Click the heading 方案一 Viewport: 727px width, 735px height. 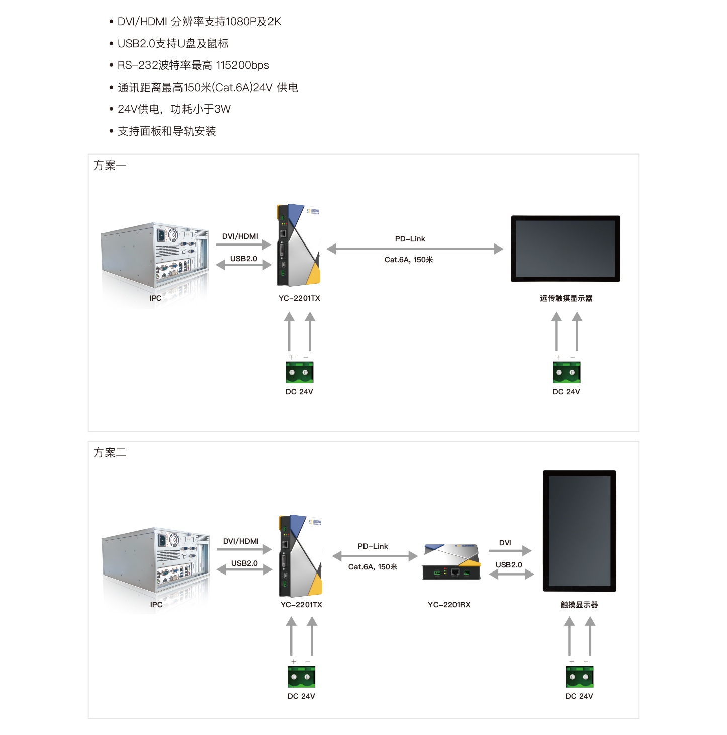pyautogui.click(x=110, y=166)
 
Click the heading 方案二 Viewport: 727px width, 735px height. pyautogui.click(x=110, y=453)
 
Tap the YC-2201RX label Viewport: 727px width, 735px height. pyautogui.click(x=449, y=605)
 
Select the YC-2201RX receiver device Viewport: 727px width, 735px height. pyautogui.click(x=451, y=562)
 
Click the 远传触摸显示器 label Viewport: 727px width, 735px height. pyautogui.click(x=566, y=298)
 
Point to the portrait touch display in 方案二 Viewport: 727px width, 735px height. pyautogui.click(x=579, y=531)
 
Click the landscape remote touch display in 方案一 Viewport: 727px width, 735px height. pyautogui.click(x=566, y=249)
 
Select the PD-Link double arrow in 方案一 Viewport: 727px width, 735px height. pyautogui.click(x=415, y=249)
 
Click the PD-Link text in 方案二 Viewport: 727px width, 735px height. pyautogui.click(x=373, y=546)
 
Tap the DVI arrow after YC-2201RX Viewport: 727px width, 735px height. pyautogui.click(x=510, y=551)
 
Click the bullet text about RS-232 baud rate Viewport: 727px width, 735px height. pyautogui.click(x=193, y=65)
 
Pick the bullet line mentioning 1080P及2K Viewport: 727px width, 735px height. pyautogui.click(x=199, y=22)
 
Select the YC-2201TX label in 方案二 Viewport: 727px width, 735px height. pyautogui.click(x=301, y=605)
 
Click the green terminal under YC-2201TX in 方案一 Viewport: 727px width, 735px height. pyautogui.click(x=300, y=373)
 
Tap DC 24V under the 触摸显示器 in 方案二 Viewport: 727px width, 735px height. pyautogui.click(x=579, y=696)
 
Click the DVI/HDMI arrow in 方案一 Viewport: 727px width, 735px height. pyautogui.click(x=243, y=245)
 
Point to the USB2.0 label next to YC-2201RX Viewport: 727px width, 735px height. pyautogui.click(x=509, y=565)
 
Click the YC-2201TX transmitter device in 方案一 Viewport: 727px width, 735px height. pyautogui.click(x=299, y=245)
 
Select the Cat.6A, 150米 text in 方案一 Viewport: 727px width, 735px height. pyautogui.click(x=409, y=260)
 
